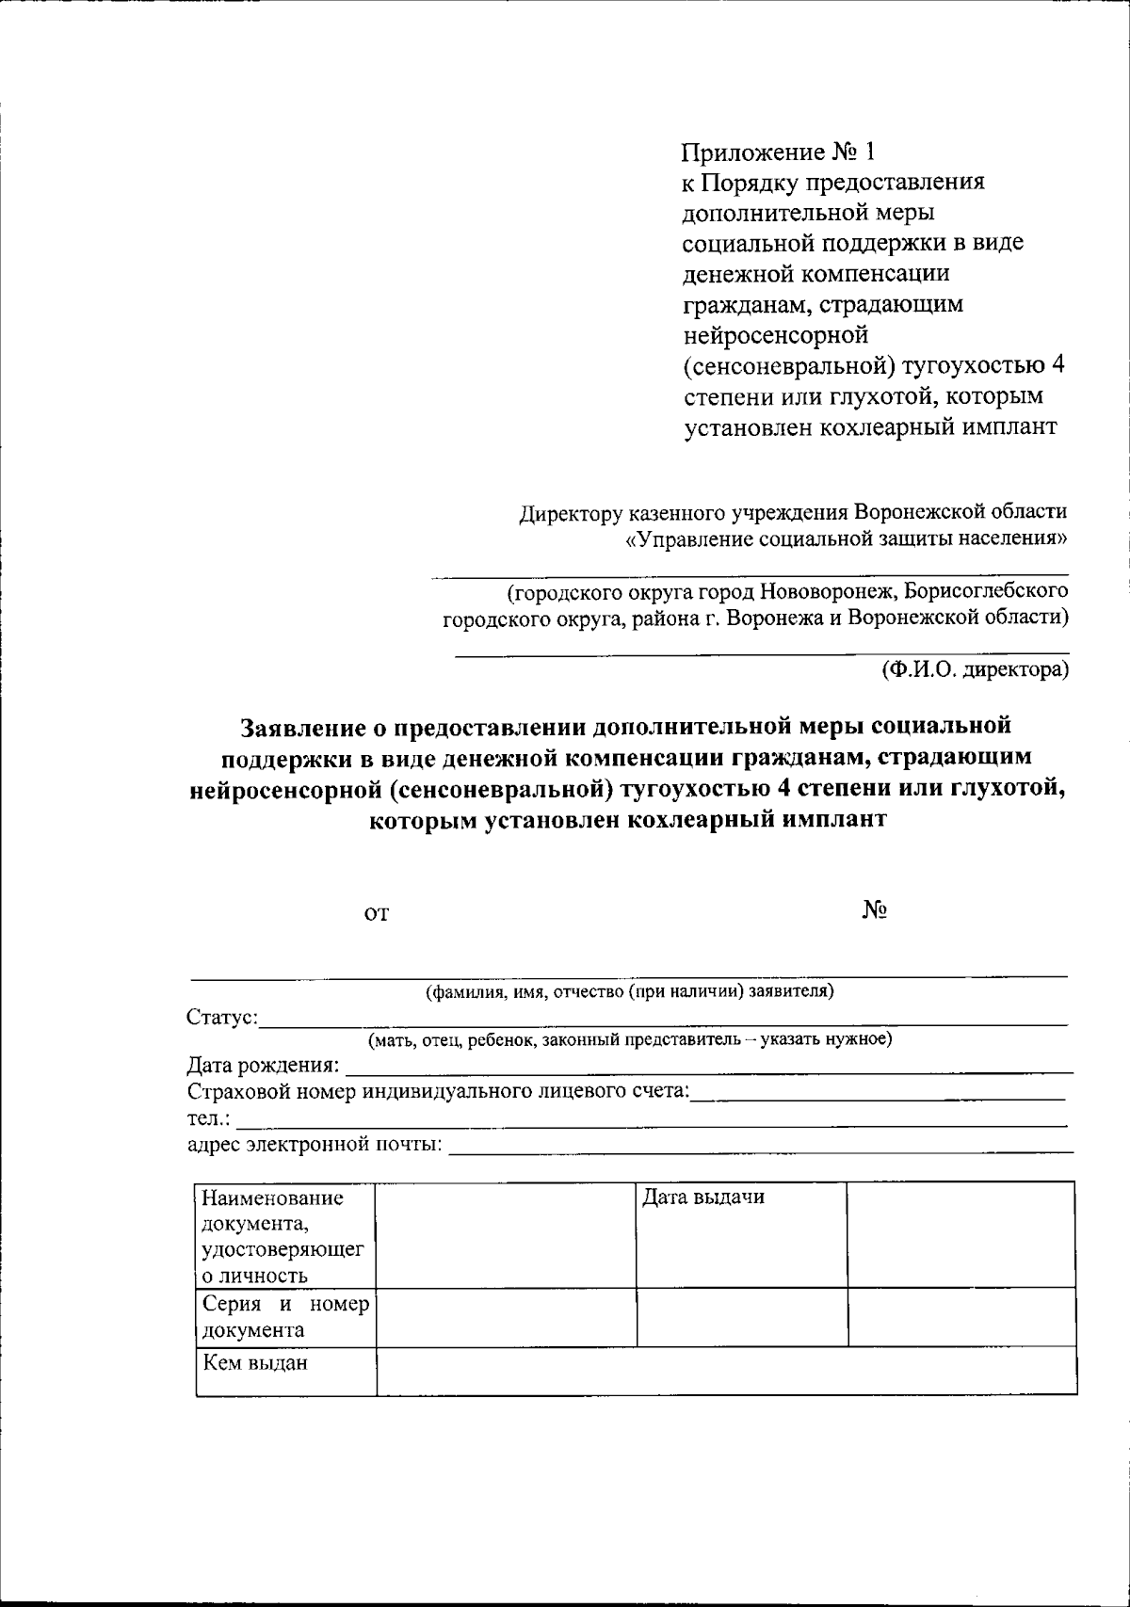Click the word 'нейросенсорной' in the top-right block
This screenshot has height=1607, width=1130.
click(x=774, y=334)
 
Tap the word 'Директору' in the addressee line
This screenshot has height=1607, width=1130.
click(x=571, y=512)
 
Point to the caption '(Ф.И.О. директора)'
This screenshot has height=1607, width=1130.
click(x=975, y=669)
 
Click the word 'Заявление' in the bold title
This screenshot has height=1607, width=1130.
click(x=301, y=727)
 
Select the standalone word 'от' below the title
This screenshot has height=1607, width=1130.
click(x=377, y=913)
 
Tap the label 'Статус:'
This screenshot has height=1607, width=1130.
click(x=222, y=1018)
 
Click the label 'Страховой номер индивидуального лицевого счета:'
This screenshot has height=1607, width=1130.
click(x=439, y=1092)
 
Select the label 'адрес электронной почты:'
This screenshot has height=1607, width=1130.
click(x=315, y=1146)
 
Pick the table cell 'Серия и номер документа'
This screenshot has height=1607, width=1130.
click(x=285, y=1317)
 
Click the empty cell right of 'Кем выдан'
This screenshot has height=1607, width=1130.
click(x=725, y=1371)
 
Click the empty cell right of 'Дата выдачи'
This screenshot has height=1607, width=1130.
click(x=960, y=1234)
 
